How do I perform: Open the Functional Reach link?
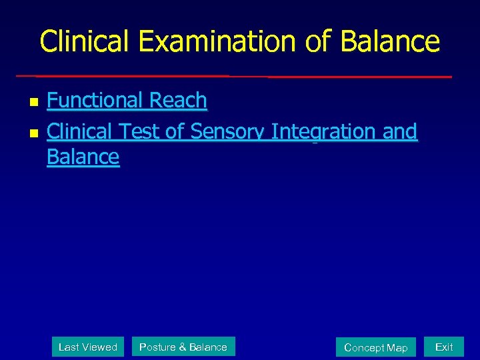127,101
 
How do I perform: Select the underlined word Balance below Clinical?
83,157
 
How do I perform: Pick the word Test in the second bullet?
139,132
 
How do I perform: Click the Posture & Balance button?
183,347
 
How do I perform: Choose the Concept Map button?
375,347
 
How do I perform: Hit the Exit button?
444,347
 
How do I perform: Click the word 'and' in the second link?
400,132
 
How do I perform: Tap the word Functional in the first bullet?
95,101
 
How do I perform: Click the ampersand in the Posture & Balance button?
183,347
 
